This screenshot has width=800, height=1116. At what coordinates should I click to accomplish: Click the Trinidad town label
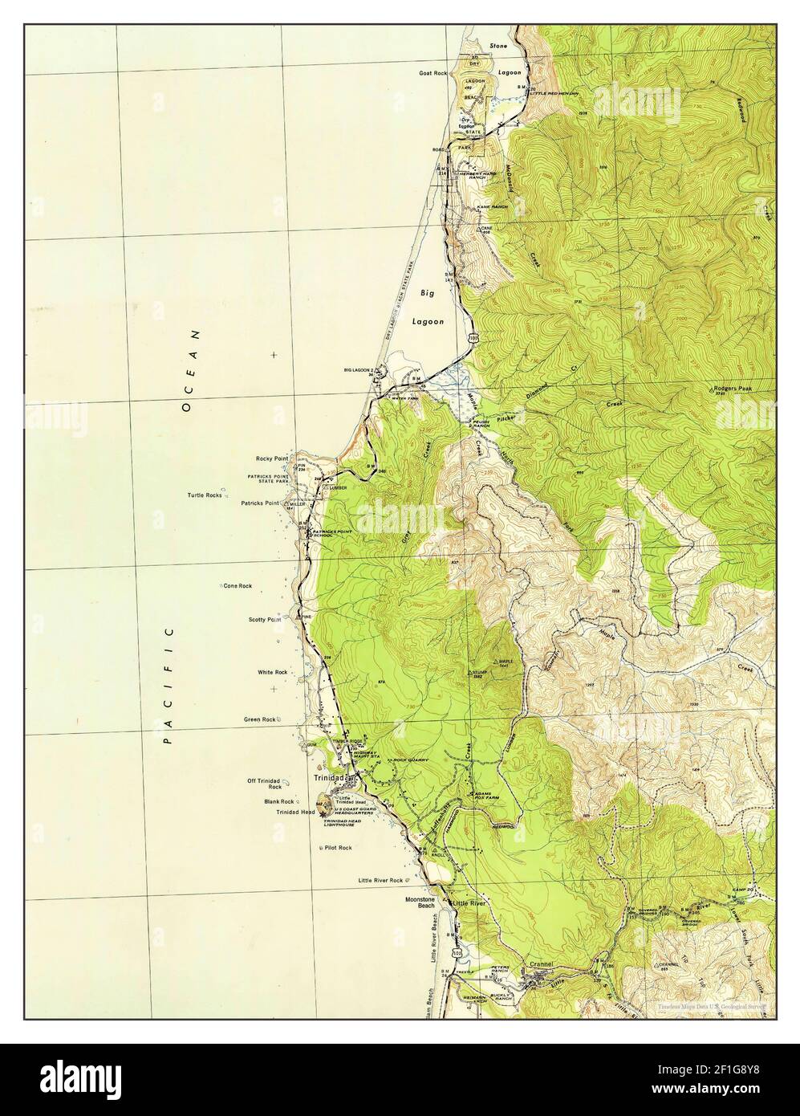(x=329, y=778)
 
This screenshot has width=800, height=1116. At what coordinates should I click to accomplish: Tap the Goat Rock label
(x=432, y=73)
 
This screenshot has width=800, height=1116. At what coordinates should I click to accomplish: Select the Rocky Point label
(x=271, y=458)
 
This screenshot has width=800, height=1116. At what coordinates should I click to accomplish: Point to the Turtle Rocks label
(x=205, y=495)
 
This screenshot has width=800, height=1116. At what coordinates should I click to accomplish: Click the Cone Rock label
(x=238, y=586)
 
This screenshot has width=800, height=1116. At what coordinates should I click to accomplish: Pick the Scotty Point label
(x=264, y=620)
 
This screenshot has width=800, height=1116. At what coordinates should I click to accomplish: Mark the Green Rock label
(x=260, y=719)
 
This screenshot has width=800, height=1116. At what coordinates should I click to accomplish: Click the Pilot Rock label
(x=338, y=848)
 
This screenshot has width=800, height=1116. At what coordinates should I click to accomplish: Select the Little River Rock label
(x=380, y=881)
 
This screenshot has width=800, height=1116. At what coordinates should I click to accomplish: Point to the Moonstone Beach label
(x=424, y=904)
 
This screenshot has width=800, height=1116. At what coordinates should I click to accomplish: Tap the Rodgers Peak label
(x=732, y=389)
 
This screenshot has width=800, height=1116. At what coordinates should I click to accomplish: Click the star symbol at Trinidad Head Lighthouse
(x=323, y=814)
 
